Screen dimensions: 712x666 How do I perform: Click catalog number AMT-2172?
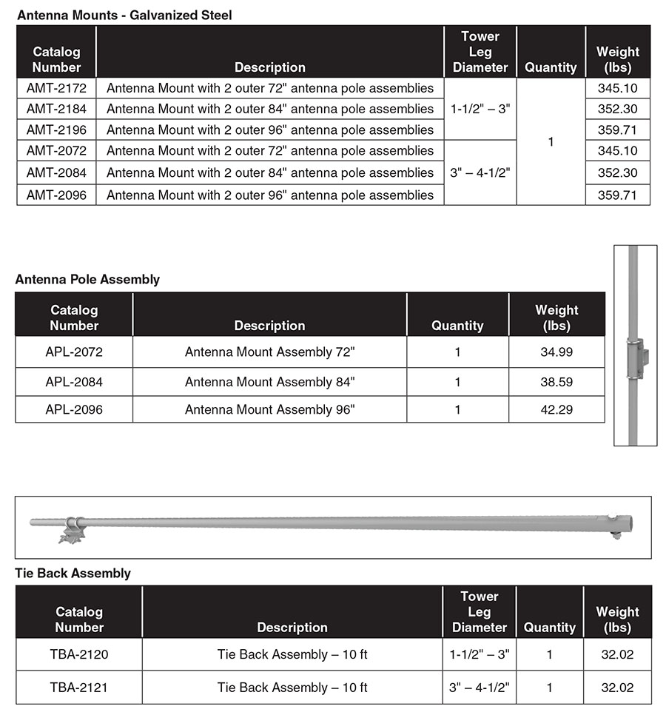coord(56,88)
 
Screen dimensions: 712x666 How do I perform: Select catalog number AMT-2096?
coord(56,195)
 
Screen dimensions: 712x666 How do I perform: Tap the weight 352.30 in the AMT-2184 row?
coord(617,109)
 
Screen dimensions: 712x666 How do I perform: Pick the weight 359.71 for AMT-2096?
coord(617,195)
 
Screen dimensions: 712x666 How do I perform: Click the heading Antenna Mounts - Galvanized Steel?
coord(124,15)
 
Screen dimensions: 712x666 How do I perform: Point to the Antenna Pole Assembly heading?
coord(87,280)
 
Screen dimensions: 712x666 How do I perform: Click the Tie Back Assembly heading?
coord(73,573)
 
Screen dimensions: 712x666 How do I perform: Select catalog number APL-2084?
coord(74,382)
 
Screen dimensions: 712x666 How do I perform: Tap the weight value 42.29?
coord(556,409)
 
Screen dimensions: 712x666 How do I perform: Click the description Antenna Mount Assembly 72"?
coord(269,352)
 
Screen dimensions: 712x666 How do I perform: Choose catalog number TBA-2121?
coord(78,688)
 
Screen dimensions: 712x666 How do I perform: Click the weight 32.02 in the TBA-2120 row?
coord(617,654)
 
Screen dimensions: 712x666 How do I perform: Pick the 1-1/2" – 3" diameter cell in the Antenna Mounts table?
coord(480,109)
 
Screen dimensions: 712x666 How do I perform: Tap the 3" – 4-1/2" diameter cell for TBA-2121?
coord(479,688)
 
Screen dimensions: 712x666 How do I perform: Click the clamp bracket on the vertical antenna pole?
coord(636,359)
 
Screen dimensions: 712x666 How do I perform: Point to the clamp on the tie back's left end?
coord(73,528)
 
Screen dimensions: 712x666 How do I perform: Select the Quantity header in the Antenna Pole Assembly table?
coord(457,326)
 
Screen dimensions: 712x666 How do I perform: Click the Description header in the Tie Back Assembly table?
coord(292,627)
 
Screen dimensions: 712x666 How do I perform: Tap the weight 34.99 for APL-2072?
coord(556,352)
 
